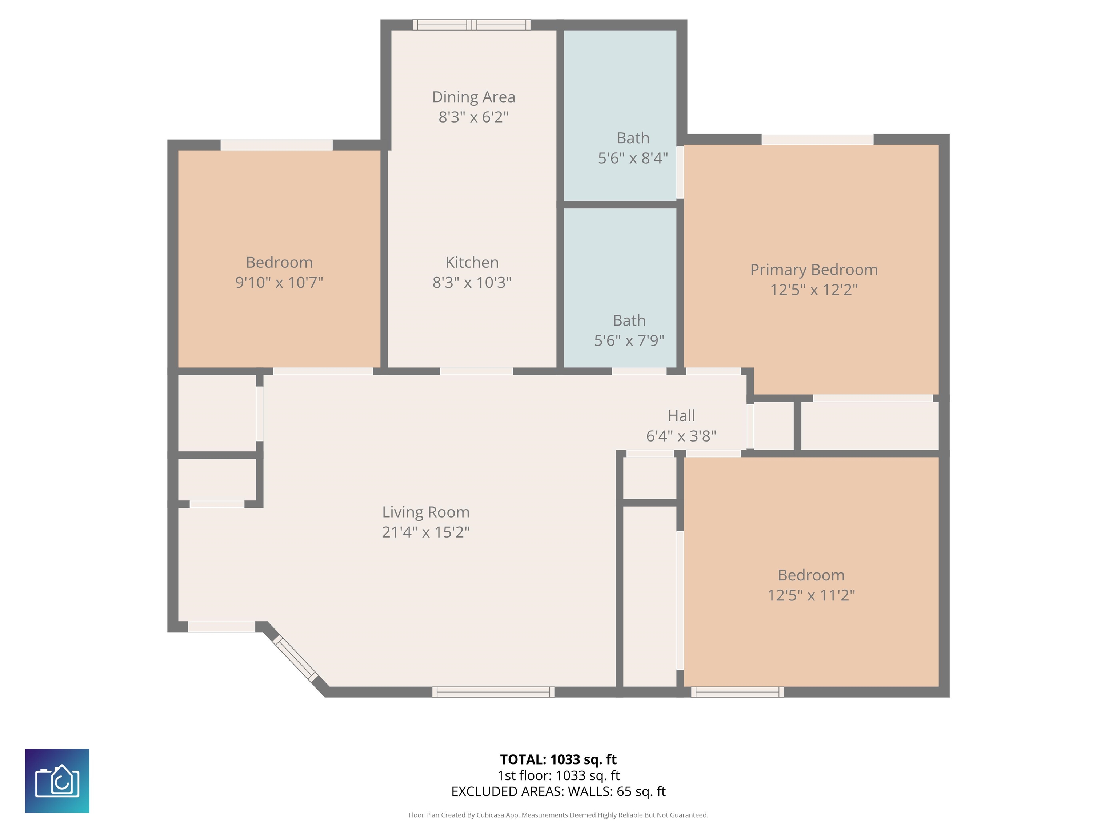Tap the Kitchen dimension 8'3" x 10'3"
click(472, 282)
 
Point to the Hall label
click(681, 416)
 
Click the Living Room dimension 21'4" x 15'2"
click(426, 532)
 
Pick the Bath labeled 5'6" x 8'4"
click(633, 148)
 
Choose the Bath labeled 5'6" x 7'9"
click(629, 330)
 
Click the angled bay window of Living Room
click(295, 659)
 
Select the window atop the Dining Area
click(471, 25)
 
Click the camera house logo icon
click(57, 781)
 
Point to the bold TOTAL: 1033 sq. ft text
click(558, 759)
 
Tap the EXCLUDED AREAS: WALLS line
click(558, 791)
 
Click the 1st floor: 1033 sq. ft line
click(558, 775)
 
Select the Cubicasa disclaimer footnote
click(558, 815)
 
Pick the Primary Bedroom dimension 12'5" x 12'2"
click(813, 290)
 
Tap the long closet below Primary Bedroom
click(869, 425)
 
